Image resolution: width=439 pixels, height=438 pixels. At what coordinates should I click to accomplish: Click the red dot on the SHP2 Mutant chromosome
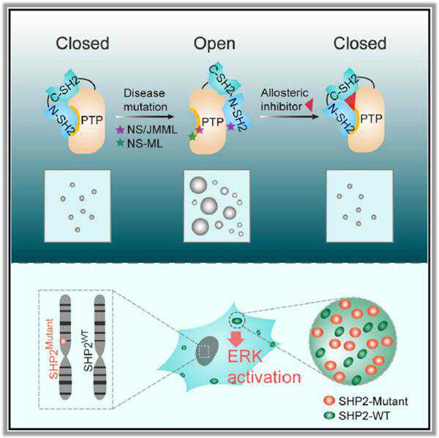[x=65, y=341]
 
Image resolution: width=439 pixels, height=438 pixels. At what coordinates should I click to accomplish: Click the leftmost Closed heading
[x=82, y=43]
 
